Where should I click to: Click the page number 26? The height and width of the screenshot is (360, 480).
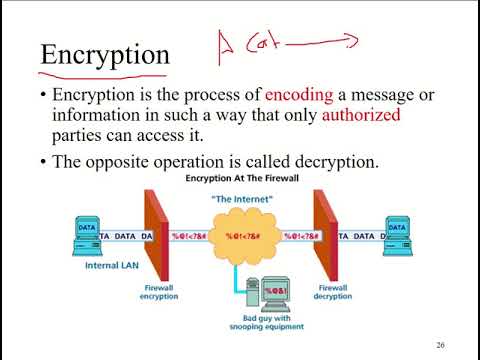(440, 345)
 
